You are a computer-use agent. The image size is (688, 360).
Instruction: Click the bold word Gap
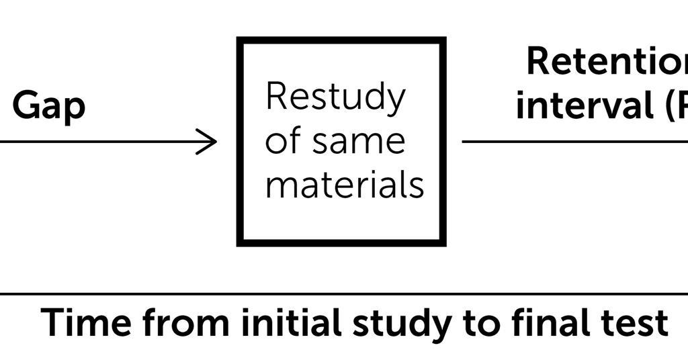pyautogui.click(x=49, y=106)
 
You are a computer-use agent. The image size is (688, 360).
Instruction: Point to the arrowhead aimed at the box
pyautogui.click(x=210, y=142)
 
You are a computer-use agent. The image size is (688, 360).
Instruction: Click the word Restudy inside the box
pyautogui.click(x=335, y=97)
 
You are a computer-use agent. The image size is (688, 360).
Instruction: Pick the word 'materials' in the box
pyautogui.click(x=344, y=184)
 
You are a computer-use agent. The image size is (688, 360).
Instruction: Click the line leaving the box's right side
pyautogui.click(x=571, y=142)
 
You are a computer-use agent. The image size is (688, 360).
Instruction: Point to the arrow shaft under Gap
pyautogui.click(x=101, y=142)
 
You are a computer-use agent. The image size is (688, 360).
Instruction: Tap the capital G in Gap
pyautogui.click(x=26, y=105)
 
